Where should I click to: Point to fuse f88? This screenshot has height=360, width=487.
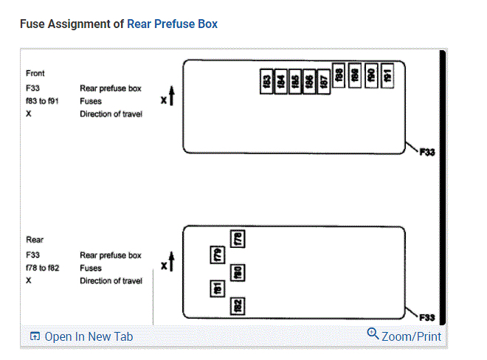pyautogui.click(x=339, y=75)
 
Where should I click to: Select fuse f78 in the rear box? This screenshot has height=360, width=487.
pyautogui.click(x=238, y=238)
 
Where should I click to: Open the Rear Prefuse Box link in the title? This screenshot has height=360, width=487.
pyautogui.click(x=172, y=24)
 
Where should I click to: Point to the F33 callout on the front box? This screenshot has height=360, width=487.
pyautogui.click(x=426, y=153)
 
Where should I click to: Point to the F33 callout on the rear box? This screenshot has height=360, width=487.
pyautogui.click(x=426, y=318)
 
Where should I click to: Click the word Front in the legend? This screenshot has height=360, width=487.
pyautogui.click(x=35, y=73)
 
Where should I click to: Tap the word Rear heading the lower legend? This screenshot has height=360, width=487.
pyautogui.click(x=35, y=240)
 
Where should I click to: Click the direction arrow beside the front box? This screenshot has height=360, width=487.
pyautogui.click(x=170, y=97)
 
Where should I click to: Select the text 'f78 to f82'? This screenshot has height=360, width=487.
pyautogui.click(x=44, y=268)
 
